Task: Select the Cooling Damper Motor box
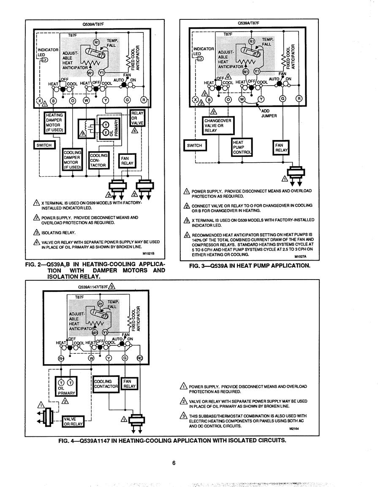(x=73, y=160)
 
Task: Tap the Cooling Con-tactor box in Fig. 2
(x=99, y=160)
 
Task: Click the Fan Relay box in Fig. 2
(x=127, y=161)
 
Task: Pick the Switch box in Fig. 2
(x=44, y=145)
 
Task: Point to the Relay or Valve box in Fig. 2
(x=137, y=118)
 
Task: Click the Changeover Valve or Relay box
(x=218, y=126)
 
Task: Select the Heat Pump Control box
(x=242, y=147)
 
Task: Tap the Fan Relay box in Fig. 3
(x=281, y=148)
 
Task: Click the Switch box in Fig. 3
(x=195, y=145)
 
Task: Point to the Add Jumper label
(x=269, y=113)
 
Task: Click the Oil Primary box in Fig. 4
(x=66, y=386)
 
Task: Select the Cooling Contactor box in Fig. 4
(x=106, y=384)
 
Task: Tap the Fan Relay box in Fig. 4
(x=129, y=384)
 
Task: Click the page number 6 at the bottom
(x=174, y=463)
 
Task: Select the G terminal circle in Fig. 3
(x=283, y=99)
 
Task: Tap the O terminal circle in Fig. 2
(x=73, y=100)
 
